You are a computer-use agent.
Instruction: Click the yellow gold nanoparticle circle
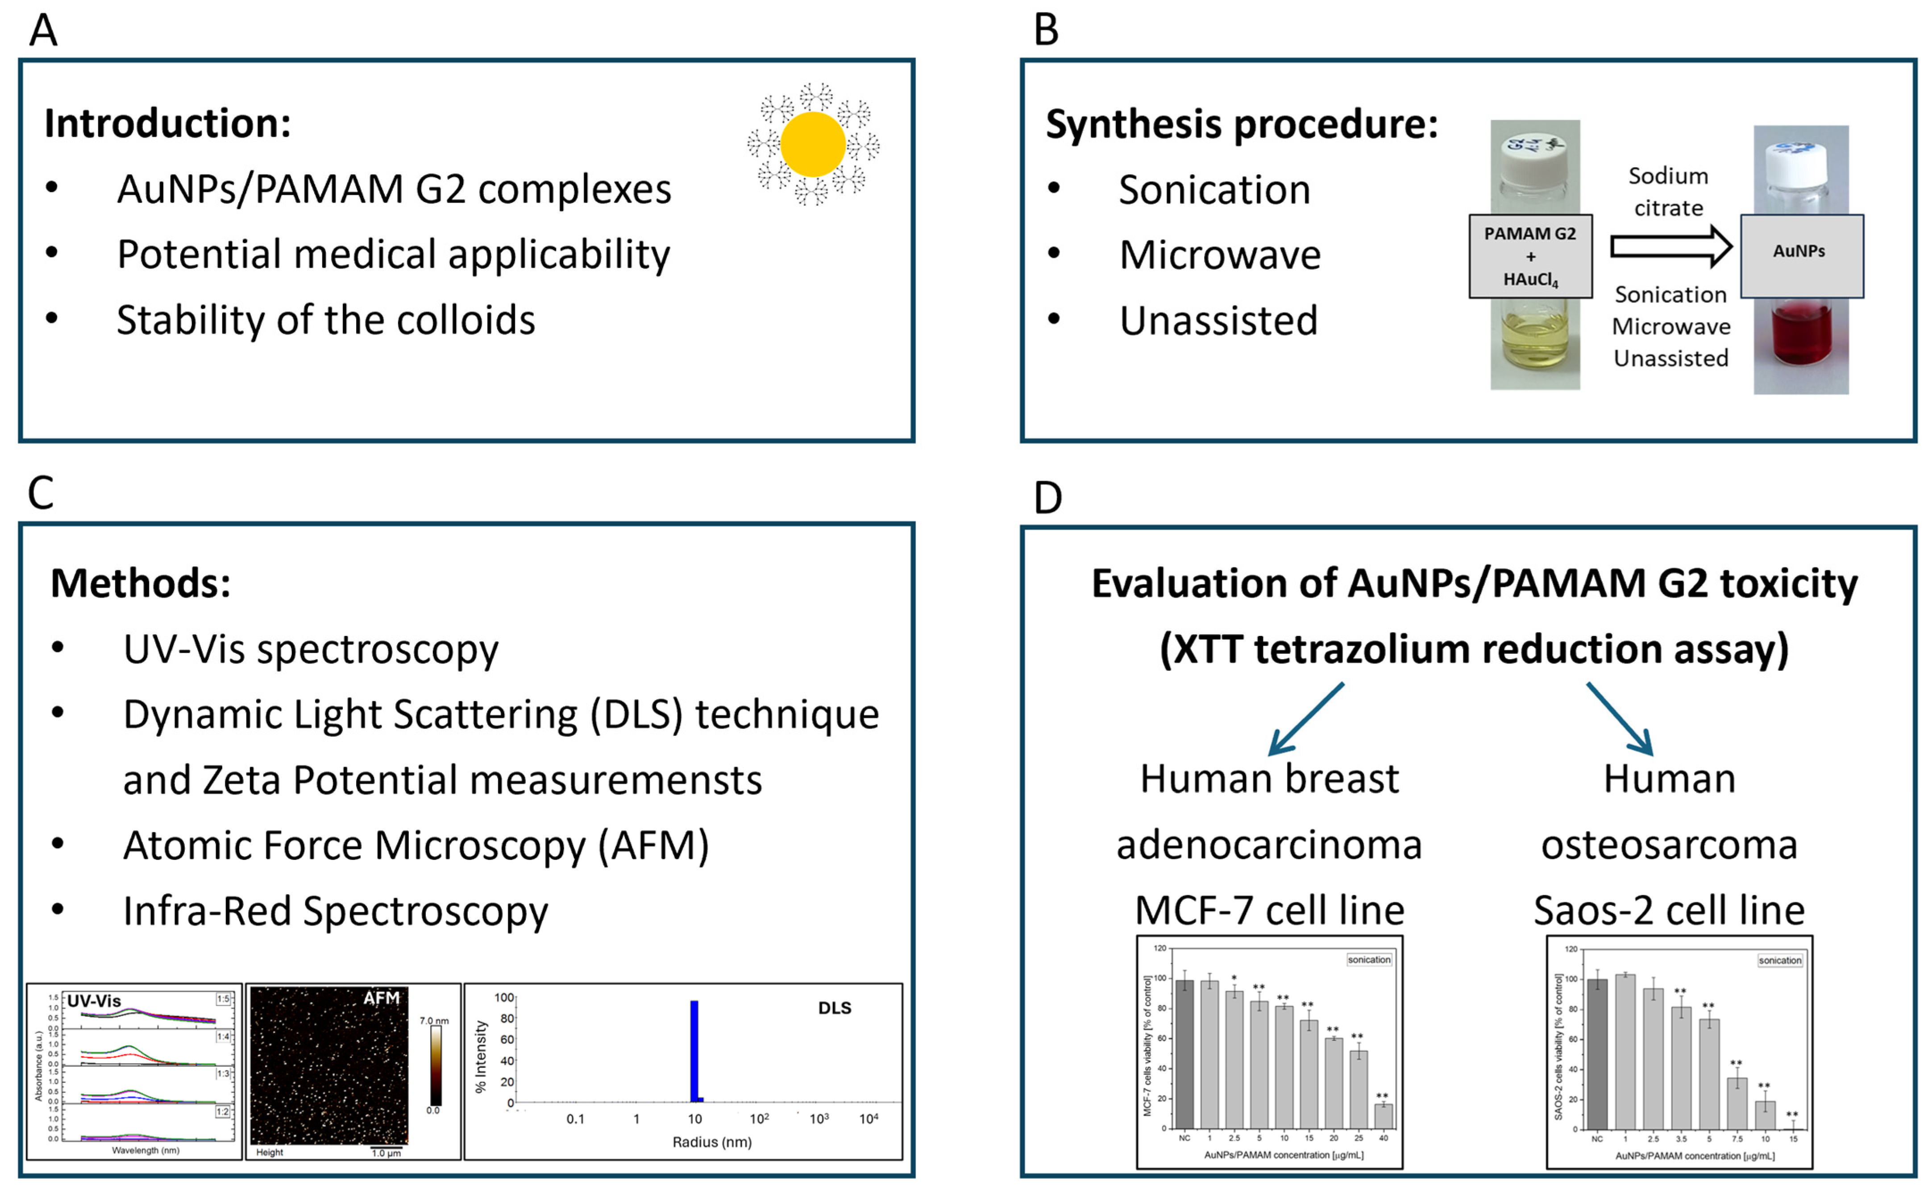coord(813,144)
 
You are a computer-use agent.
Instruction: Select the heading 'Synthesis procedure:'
coord(1241,124)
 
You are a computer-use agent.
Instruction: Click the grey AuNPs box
coord(1800,255)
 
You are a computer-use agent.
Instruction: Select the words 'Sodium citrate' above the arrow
coord(1668,192)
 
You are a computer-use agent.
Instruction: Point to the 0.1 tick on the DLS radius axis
coord(575,1119)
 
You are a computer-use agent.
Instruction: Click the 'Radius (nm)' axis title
coord(711,1142)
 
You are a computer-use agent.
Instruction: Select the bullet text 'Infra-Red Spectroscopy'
coord(335,911)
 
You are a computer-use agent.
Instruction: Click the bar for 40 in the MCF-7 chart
coord(1383,1116)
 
